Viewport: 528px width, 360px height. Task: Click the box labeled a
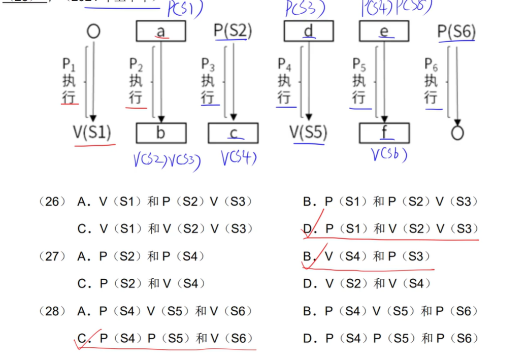tap(160, 31)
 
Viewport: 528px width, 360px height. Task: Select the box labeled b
tap(160, 133)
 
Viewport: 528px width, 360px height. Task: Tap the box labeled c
tap(233, 133)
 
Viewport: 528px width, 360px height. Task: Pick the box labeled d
tap(308, 31)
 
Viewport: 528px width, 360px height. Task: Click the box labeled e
tap(384, 31)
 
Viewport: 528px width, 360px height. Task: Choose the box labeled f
tap(384, 133)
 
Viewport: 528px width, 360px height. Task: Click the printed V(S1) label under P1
tap(92, 132)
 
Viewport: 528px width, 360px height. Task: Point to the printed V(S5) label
tap(308, 133)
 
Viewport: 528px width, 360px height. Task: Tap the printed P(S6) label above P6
tap(456, 31)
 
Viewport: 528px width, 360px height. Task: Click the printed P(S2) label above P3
tap(233, 30)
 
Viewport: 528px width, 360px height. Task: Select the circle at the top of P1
tap(93, 31)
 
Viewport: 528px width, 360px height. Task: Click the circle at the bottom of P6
tap(457, 133)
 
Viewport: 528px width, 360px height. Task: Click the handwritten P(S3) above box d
tap(305, 9)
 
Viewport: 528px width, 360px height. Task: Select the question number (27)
tap(52, 256)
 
